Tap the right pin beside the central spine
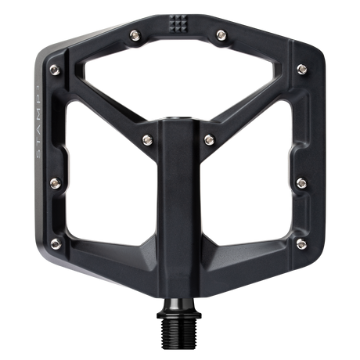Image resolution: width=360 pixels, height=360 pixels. point(208,139)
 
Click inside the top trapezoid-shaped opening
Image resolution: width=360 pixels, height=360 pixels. point(180,82)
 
